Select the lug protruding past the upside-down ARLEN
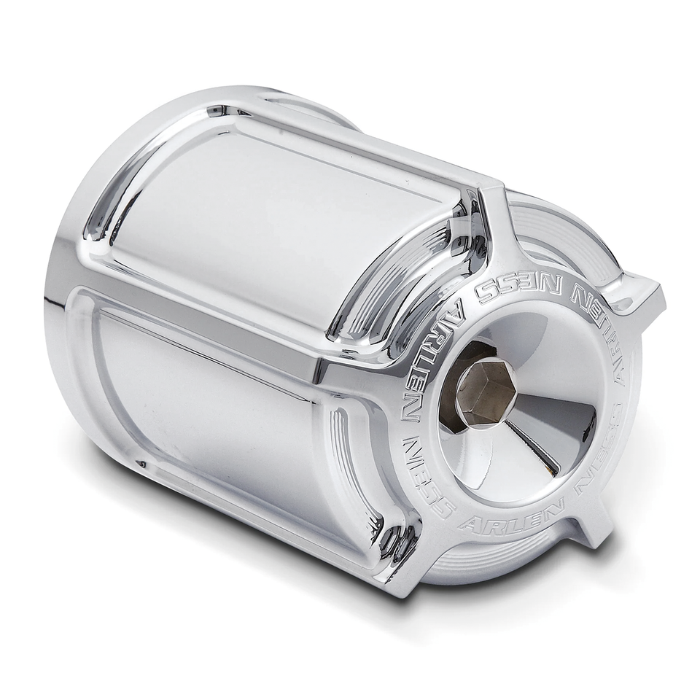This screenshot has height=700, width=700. [642, 295]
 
